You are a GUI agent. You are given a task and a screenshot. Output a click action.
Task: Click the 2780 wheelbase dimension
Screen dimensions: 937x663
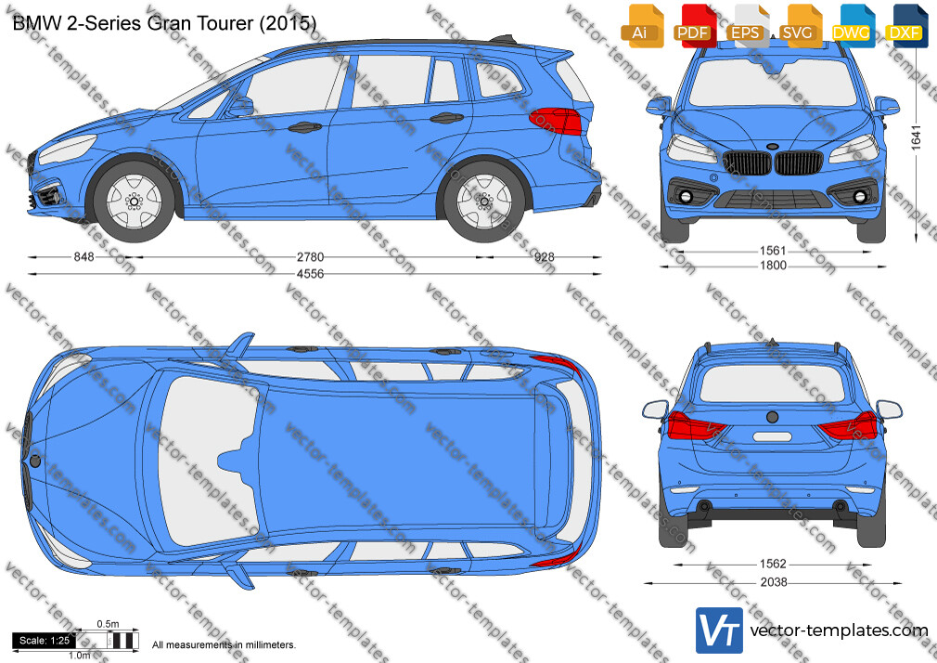tap(310, 256)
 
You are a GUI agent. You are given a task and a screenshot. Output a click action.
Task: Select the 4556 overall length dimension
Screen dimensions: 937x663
tap(310, 274)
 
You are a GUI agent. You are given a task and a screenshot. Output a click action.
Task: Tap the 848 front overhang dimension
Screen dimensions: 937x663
tap(83, 256)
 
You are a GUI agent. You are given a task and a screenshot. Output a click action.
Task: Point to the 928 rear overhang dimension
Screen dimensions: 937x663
tap(544, 256)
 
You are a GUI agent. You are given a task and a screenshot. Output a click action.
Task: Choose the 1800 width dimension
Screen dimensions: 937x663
tap(773, 266)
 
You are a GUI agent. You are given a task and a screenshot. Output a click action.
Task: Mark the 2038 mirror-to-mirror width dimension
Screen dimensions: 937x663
tap(774, 582)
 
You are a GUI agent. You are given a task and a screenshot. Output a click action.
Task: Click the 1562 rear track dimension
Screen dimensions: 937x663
tap(773, 564)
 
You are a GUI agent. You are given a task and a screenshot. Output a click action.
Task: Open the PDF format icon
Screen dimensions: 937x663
tap(694, 26)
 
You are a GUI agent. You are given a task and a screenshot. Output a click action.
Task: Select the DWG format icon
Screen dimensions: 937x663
tap(853, 26)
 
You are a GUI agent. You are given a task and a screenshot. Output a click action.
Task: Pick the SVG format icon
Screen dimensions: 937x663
tap(799, 26)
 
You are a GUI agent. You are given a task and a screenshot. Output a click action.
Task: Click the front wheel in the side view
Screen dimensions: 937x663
tap(134, 201)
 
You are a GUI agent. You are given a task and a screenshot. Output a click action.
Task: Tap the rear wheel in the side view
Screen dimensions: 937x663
tap(484, 201)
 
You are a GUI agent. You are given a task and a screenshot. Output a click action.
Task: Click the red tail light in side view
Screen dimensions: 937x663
tap(556, 121)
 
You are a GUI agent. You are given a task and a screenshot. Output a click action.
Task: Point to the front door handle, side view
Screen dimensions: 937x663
tap(305, 127)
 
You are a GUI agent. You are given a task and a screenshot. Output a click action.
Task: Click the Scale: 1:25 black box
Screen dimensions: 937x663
tap(45, 641)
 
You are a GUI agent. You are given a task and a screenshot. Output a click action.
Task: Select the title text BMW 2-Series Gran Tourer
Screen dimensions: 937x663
tap(135, 22)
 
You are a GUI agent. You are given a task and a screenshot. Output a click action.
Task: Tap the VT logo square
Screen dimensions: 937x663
tap(719, 630)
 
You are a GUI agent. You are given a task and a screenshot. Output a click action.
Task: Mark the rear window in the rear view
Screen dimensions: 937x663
tap(772, 383)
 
